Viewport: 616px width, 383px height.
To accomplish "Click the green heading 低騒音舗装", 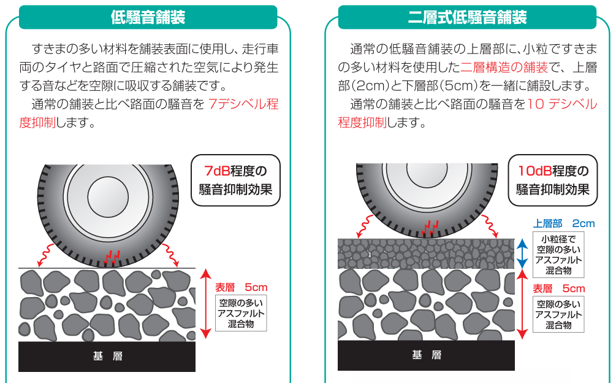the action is [x=148, y=17].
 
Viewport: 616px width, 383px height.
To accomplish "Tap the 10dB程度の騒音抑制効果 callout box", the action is [x=553, y=179].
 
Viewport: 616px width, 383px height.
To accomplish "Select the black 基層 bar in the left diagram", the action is [x=107, y=356].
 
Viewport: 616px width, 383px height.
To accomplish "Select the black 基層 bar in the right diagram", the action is [x=426, y=355].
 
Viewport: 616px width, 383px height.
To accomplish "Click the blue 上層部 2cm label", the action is [x=564, y=224].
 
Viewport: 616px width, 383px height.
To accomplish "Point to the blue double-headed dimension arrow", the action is [x=522, y=254].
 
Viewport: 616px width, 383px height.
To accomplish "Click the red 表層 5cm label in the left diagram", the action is [x=241, y=287].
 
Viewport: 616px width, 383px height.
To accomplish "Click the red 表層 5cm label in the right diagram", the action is [x=558, y=288].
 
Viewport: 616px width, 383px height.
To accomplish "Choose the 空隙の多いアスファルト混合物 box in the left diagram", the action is [x=241, y=313].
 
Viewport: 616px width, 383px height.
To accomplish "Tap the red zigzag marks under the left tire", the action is [x=111, y=256].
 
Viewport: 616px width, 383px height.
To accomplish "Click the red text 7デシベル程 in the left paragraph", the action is [x=243, y=104].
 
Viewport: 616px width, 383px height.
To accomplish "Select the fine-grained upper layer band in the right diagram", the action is [x=426, y=253].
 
